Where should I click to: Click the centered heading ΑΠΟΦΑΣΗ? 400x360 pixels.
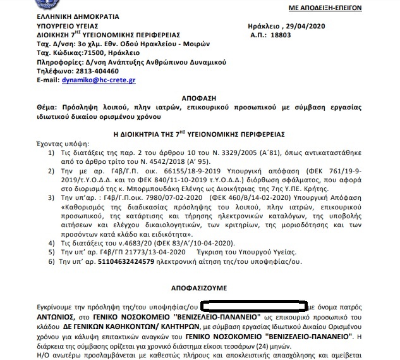[x=199, y=99]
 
